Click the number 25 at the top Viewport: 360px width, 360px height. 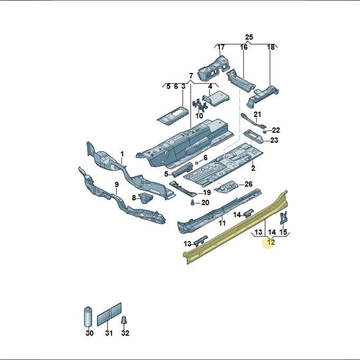(249, 37)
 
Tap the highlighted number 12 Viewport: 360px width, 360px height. (271, 242)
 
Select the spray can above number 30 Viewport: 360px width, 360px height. (88, 316)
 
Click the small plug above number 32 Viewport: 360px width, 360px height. (124, 320)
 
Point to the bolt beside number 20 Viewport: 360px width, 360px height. (192, 202)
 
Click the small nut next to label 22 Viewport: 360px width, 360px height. (264, 132)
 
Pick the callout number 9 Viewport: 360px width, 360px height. (117, 184)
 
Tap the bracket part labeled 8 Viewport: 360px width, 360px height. (145, 198)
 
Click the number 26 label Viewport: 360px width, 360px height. (248, 184)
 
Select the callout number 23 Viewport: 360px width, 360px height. (274, 140)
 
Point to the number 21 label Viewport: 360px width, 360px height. (257, 114)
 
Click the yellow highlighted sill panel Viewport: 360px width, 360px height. (235, 227)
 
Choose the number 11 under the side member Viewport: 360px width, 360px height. (222, 223)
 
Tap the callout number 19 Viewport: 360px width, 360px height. (207, 192)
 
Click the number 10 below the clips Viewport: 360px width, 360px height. (199, 116)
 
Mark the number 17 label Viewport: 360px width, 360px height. (221, 47)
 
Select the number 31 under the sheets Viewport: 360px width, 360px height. (109, 333)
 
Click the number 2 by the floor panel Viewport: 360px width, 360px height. (253, 168)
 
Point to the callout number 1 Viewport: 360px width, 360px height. (122, 154)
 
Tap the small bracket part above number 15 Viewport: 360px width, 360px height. (283, 218)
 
